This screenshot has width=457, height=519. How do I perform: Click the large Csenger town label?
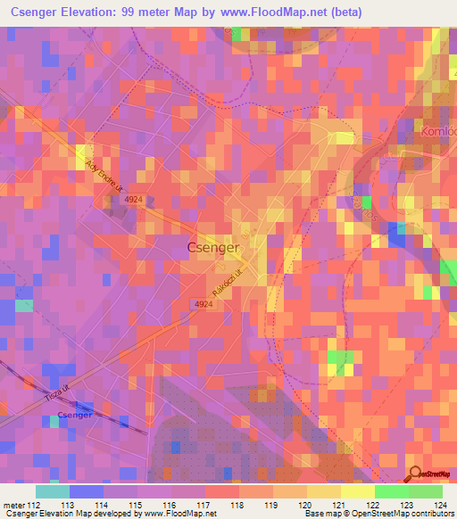(x=213, y=247)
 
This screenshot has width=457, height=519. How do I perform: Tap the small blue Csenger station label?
(x=74, y=415)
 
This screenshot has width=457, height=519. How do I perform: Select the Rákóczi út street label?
(x=228, y=283)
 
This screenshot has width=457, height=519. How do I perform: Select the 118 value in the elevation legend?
(x=237, y=505)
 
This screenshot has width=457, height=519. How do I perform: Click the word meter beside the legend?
(x=13, y=505)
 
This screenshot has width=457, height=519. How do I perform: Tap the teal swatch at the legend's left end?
(x=53, y=491)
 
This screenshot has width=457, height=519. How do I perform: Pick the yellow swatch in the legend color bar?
(x=357, y=491)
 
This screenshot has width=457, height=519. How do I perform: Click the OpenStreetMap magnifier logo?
(x=414, y=473)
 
